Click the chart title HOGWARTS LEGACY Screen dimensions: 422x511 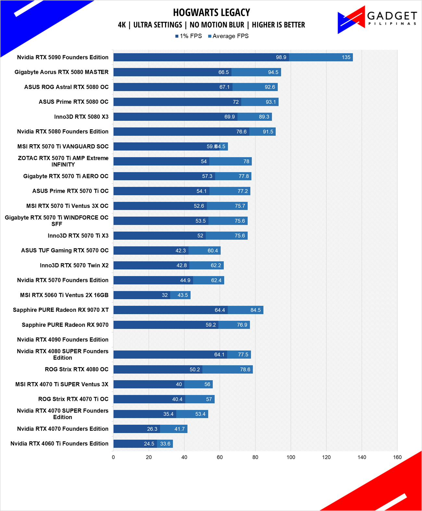click(x=211, y=12)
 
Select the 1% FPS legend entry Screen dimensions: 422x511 click(x=188, y=36)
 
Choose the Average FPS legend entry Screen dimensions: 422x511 click(x=228, y=36)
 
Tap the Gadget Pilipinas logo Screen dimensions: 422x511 click(x=377, y=20)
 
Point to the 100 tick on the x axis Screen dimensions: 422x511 click(x=291, y=457)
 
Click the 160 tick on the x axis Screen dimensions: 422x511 click(x=397, y=457)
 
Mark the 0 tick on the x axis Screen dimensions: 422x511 click(x=114, y=457)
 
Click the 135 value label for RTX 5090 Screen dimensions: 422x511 click(x=346, y=57)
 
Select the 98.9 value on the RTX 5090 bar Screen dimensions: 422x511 click(x=281, y=57)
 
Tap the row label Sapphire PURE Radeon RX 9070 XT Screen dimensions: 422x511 click(x=61, y=310)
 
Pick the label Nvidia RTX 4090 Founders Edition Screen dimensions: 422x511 click(x=63, y=339)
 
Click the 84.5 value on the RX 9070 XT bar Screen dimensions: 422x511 click(x=256, y=310)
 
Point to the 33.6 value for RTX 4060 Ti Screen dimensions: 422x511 click(x=165, y=444)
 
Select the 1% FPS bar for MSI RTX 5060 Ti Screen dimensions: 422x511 click(x=142, y=295)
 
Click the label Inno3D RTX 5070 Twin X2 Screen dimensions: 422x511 click(x=74, y=265)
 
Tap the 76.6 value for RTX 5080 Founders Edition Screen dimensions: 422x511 click(x=241, y=132)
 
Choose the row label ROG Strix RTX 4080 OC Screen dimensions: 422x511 click(x=77, y=369)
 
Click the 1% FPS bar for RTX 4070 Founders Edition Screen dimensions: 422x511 click(x=137, y=429)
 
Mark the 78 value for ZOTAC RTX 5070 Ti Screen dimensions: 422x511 click(x=246, y=161)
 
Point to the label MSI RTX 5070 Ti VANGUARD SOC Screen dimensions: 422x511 click(x=63, y=147)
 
